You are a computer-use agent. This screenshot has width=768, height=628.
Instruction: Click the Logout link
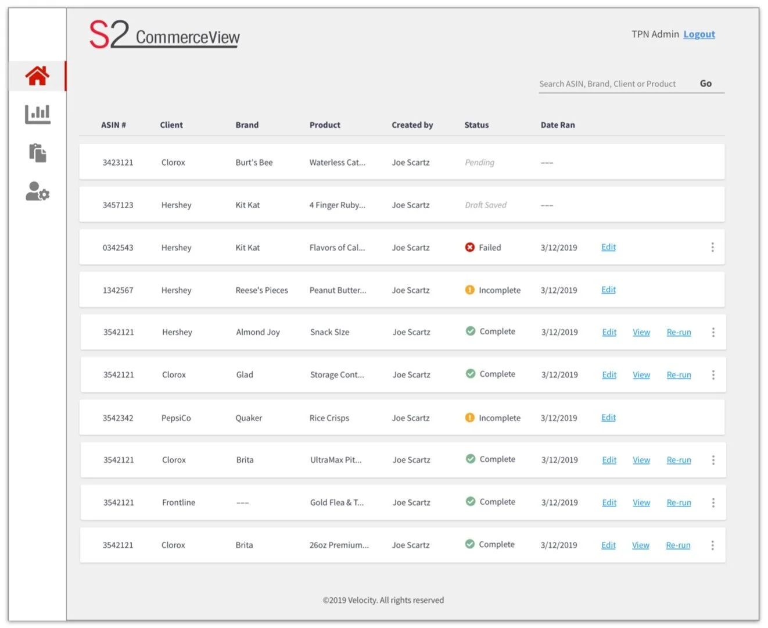[699, 34]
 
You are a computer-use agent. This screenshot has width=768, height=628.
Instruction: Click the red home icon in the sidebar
[37, 76]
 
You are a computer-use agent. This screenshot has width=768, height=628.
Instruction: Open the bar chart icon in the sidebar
[38, 114]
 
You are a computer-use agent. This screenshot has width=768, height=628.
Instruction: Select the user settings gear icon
[38, 191]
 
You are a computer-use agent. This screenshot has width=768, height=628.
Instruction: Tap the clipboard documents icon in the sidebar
[38, 153]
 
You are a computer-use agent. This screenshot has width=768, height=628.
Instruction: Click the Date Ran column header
[558, 125]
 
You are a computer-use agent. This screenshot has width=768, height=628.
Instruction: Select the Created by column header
[412, 125]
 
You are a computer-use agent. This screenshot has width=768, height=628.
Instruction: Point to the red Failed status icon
[470, 247]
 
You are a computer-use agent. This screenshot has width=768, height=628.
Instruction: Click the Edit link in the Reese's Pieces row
[608, 290]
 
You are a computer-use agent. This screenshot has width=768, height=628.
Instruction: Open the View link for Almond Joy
[641, 332]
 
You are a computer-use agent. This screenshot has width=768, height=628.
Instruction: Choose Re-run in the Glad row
[679, 375]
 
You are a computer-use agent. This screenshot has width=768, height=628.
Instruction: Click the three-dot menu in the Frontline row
[713, 502]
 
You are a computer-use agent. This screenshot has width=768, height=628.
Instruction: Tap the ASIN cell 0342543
[118, 248]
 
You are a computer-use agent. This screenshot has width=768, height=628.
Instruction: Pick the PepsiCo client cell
[176, 418]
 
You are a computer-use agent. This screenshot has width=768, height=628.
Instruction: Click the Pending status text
[479, 163]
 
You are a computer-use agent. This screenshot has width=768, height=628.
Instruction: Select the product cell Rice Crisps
[329, 418]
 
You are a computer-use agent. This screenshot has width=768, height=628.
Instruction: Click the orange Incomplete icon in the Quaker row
[470, 418]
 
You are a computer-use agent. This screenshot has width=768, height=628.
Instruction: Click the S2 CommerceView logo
[164, 34]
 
